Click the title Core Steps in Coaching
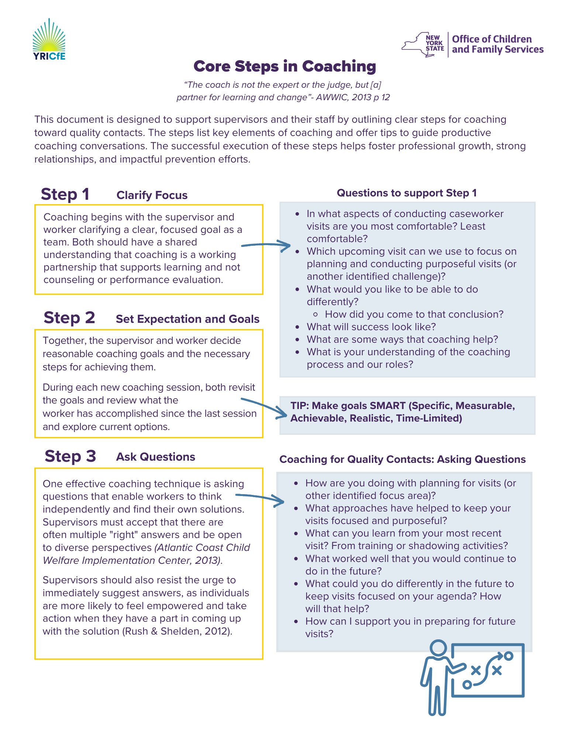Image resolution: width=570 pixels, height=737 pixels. [285, 66]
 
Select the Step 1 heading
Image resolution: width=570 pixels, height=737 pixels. [65, 194]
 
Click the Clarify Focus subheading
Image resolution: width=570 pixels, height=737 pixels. [152, 195]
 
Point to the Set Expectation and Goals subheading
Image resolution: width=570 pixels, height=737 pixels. [187, 319]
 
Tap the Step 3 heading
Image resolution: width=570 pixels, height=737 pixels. [70, 456]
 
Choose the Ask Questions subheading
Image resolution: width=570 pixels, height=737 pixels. [156, 457]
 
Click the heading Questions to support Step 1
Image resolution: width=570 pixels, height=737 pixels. [407, 193]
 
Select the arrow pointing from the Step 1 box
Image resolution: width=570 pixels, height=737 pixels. [266, 245]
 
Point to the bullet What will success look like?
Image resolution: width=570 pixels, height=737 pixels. [371, 327]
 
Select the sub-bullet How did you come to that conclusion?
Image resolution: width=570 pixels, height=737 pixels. [414, 314]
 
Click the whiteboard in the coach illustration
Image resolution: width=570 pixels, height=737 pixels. [487, 670]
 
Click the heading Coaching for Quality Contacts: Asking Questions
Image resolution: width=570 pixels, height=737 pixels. [403, 460]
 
